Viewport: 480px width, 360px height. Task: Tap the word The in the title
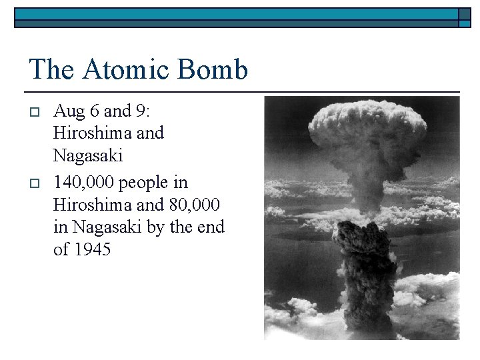click(51, 70)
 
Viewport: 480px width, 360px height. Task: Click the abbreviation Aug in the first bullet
click(67, 111)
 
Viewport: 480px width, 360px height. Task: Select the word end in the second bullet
click(211, 227)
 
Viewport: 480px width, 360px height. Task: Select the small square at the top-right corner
click(464, 18)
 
